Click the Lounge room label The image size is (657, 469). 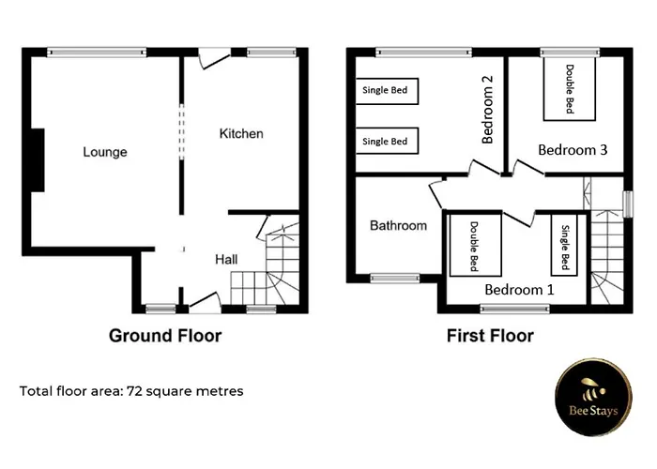104,152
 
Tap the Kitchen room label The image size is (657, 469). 241,134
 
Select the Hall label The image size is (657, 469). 227,260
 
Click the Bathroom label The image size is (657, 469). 398,226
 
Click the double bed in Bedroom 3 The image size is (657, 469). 569,88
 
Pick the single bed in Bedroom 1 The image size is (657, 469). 565,246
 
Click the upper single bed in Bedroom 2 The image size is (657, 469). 386,91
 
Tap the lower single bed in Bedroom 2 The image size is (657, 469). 386,142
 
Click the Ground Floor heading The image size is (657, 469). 165,336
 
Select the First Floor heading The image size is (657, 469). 489,336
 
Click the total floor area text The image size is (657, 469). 131,391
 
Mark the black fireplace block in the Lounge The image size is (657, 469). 38,160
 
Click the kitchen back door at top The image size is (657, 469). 215,56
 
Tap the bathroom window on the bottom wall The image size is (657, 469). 394,278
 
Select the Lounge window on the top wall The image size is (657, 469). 98,51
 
